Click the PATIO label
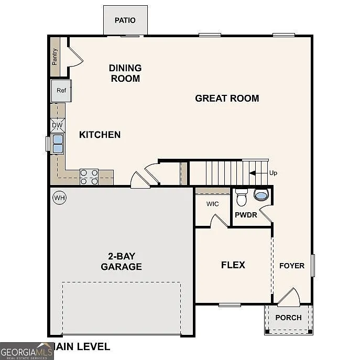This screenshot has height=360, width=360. tap(125, 20)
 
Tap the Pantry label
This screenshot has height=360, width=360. tap(55, 57)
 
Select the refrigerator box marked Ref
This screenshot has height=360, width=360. tap(61, 91)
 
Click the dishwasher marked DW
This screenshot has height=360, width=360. tap(58, 125)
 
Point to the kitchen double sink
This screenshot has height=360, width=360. tap(57, 144)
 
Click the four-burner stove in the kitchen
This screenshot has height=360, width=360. tap(89, 177)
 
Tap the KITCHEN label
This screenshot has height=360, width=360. tap(100, 135)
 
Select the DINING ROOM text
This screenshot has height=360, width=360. tap(125, 73)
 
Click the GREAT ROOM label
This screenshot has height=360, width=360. tap(227, 98)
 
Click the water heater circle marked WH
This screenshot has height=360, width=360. tap(59, 198)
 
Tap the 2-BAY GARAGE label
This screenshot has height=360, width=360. tap(121, 261)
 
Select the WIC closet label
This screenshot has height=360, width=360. tap(212, 204)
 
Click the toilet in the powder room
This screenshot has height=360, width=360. tap(242, 198)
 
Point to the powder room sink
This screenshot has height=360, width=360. tap(260, 195)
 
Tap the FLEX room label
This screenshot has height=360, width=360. tap(233, 265)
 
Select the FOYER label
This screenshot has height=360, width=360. tap(291, 266)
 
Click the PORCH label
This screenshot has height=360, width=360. tap(288, 317)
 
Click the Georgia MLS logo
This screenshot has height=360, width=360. tap(26, 351)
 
